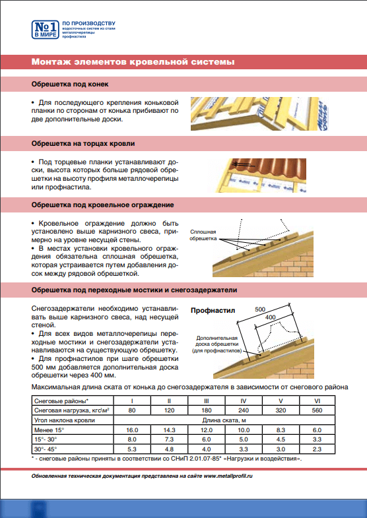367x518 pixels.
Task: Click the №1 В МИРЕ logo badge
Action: pyautogui.click(x=46, y=30)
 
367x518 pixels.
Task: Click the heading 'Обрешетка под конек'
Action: pyautogui.click(x=70, y=84)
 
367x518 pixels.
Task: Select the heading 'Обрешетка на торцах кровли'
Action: pyautogui.click(x=83, y=144)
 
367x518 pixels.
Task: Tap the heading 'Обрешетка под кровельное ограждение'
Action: pyautogui.click(x=103, y=205)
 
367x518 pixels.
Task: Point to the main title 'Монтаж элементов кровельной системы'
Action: pyautogui.click(x=133, y=62)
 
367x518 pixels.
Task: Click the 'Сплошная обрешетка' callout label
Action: pyautogui.click(x=203, y=235)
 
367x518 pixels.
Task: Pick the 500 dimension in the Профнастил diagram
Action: pyautogui.click(x=260, y=309)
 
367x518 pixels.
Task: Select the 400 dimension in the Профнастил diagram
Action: pyautogui.click(x=270, y=317)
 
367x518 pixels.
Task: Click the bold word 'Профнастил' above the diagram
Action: pyautogui.click(x=213, y=311)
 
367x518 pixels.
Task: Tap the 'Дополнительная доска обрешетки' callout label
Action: pyautogui.click(x=217, y=344)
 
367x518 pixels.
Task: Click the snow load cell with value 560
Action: pyautogui.click(x=317, y=410)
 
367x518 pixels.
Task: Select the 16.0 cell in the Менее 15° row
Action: pyautogui.click(x=132, y=430)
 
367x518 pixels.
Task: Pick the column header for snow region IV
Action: pyautogui.click(x=244, y=401)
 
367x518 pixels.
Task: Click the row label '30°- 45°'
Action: pyautogui.click(x=46, y=449)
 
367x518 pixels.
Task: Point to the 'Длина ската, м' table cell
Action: pyautogui.click(x=224, y=420)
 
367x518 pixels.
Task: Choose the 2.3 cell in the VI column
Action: pyautogui.click(x=317, y=449)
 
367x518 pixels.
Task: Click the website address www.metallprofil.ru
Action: pyautogui.click(x=228, y=476)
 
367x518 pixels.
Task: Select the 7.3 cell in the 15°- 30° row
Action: pyautogui.click(x=169, y=439)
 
